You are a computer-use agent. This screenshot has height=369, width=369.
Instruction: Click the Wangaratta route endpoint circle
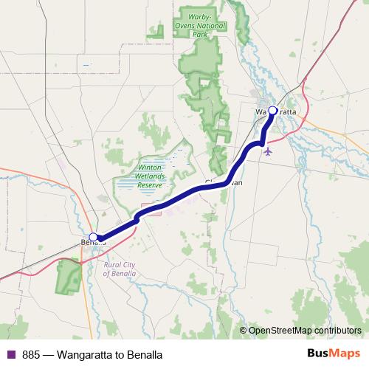(x=272, y=111)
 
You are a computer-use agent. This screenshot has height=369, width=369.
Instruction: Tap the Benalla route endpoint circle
(x=93, y=238)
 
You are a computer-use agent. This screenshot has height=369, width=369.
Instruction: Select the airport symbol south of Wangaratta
(x=267, y=152)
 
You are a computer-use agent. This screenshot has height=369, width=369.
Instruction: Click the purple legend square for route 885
(x=10, y=354)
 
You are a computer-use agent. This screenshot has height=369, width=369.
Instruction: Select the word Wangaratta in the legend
(x=90, y=354)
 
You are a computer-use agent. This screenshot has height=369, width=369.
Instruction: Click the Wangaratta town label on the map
(x=277, y=111)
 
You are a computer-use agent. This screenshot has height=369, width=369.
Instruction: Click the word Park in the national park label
(x=199, y=33)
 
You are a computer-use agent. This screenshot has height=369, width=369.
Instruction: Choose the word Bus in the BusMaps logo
(x=319, y=354)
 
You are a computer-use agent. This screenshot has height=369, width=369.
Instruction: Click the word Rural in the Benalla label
(x=113, y=264)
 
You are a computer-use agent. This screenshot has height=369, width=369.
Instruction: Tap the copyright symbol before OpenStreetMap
(x=243, y=331)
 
